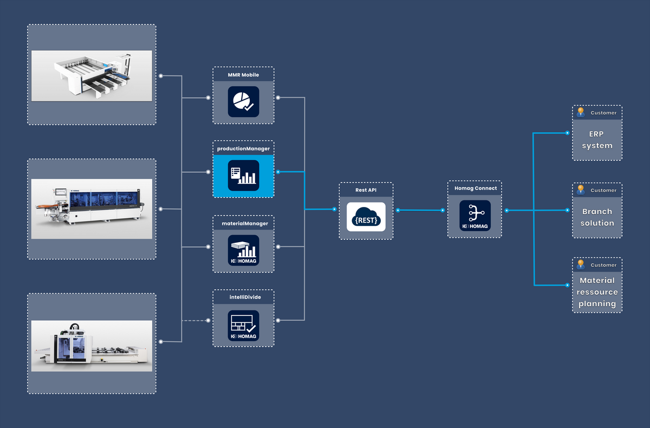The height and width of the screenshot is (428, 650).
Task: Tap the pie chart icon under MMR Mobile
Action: coord(243,101)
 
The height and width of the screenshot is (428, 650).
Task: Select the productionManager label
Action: coord(243,148)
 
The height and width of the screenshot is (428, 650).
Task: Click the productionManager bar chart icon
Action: coord(243,175)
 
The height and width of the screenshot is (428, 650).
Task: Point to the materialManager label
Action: coord(243,223)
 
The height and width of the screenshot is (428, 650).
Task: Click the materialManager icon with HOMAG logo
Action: coord(243,250)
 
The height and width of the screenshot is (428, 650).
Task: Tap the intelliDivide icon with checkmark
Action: coord(243,325)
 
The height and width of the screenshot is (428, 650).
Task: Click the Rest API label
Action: coord(366,190)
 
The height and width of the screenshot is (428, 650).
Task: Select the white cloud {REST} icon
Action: coord(366,217)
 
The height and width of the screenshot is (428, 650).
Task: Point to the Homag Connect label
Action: coord(475,188)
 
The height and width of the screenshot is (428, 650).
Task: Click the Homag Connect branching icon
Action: coord(475,216)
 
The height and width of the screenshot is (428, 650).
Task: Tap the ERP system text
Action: coord(597,140)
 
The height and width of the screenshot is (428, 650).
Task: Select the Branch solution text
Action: coord(597,217)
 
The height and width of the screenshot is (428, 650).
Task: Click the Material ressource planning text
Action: coord(597,292)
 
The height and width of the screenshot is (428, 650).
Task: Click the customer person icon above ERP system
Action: coord(581,112)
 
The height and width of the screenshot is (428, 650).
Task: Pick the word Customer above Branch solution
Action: coord(603,191)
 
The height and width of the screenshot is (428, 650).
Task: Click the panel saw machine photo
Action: coord(92,75)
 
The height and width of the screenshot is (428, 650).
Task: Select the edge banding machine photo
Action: coord(92,209)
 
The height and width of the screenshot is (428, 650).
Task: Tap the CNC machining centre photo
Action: coord(92,345)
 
